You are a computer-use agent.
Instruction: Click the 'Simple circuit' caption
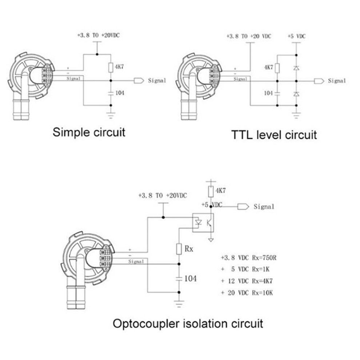pyautogui.click(x=89, y=132)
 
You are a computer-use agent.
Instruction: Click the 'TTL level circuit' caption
pyautogui.click(x=274, y=135)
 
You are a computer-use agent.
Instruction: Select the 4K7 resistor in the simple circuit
pyautogui.click(x=111, y=67)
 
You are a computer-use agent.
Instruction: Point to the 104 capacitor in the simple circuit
pyautogui.click(x=111, y=93)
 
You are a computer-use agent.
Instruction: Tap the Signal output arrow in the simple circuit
pyautogui.click(x=139, y=81)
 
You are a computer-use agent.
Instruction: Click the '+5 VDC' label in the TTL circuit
pyautogui.click(x=296, y=36)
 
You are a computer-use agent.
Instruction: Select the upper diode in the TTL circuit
pyautogui.click(x=296, y=68)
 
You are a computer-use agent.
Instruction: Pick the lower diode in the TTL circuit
pyautogui.click(x=296, y=94)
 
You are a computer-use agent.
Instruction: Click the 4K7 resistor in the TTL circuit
pyautogui.click(x=277, y=68)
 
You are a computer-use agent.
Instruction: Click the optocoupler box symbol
pyautogui.click(x=203, y=223)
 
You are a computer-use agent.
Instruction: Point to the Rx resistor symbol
pyautogui.click(x=179, y=249)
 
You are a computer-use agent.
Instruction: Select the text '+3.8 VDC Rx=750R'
pyautogui.click(x=249, y=258)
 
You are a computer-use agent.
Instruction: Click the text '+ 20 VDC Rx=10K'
pyautogui.click(x=247, y=293)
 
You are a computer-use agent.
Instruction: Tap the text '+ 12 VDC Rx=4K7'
pyautogui.click(x=247, y=281)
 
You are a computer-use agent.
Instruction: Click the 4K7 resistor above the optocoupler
pyautogui.click(x=211, y=192)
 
